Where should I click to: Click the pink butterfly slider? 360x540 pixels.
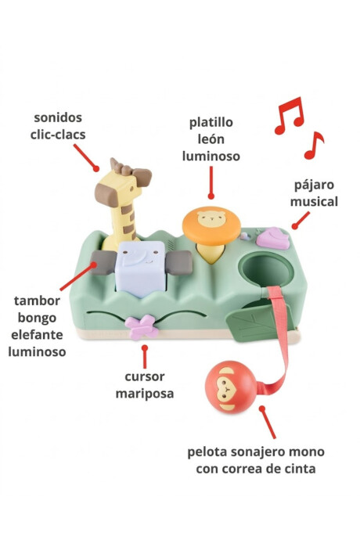tap(141, 327)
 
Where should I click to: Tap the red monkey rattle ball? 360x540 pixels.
tap(231, 387)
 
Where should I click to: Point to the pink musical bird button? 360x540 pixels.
tap(272, 238)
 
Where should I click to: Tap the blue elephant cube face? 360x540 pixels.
tap(141, 268)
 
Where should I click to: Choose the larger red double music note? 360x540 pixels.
tap(290, 115)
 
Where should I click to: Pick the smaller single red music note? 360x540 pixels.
tap(314, 146)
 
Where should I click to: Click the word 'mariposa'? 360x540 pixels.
tap(145, 394)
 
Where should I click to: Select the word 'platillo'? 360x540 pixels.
tap(211, 122)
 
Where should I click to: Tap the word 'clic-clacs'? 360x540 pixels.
tap(58, 135)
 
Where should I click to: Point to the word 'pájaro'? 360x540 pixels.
tap(314, 185)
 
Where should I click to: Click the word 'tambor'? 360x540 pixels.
tap(37, 301)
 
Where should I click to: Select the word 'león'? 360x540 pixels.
tap(211, 139)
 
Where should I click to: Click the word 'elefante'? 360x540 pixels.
tap(37, 334)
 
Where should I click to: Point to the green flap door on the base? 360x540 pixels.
tap(260, 319)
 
